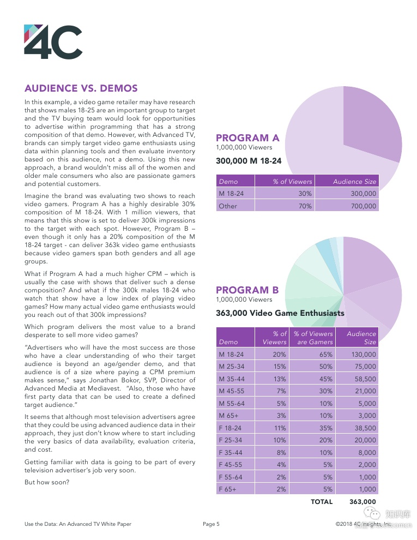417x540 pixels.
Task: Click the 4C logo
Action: click(x=53, y=42)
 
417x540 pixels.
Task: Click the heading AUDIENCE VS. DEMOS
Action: click(x=81, y=88)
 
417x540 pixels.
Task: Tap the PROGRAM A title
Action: click(x=247, y=138)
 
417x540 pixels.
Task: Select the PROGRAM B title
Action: click(x=247, y=290)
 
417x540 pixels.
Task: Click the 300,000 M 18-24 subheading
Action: click(x=249, y=161)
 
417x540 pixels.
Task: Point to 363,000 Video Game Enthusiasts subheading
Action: click(x=280, y=313)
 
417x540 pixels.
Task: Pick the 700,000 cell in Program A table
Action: click(x=362, y=206)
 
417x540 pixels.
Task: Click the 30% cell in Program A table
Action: click(x=305, y=194)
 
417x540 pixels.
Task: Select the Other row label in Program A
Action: click(x=228, y=206)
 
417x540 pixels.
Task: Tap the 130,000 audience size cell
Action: click(x=364, y=355)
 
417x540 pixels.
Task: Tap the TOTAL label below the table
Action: click(x=321, y=502)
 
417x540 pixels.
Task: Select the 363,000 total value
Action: click(x=362, y=502)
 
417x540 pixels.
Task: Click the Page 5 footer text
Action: click(x=211, y=524)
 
